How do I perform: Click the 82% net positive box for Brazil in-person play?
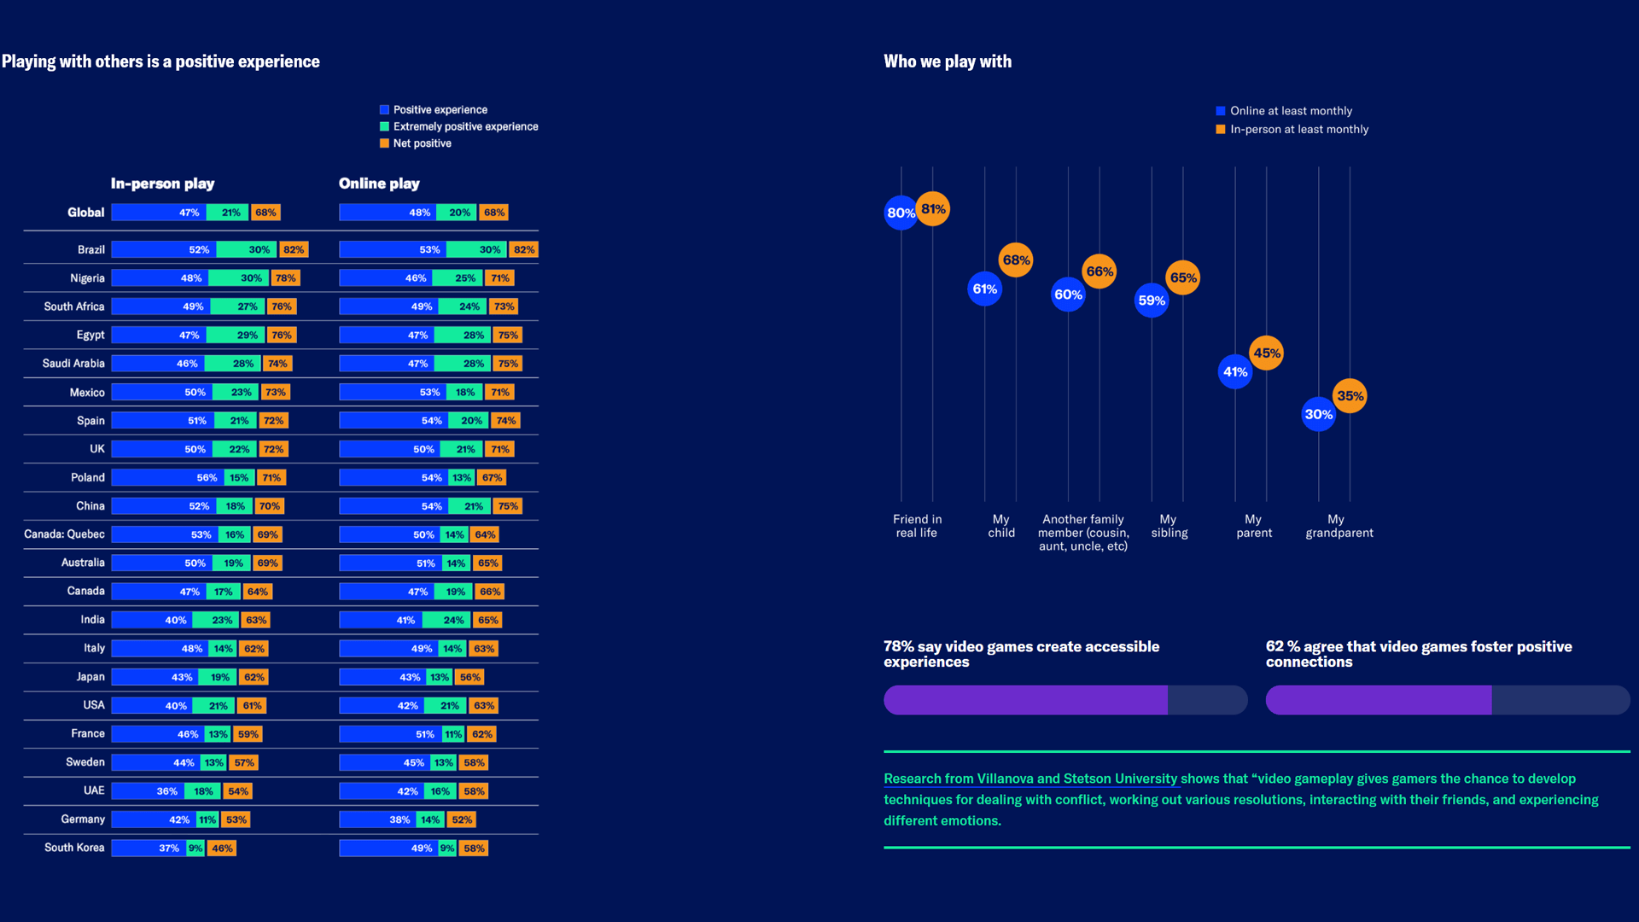pyautogui.click(x=294, y=250)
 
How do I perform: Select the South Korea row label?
pyautogui.click(x=74, y=848)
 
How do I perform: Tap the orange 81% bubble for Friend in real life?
pyautogui.click(x=933, y=209)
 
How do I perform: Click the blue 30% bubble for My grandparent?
pyautogui.click(x=1318, y=414)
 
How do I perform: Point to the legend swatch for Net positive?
pyautogui.click(x=384, y=143)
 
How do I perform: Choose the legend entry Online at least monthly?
pyautogui.click(x=1291, y=111)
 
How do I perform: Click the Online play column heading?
pyautogui.click(x=379, y=184)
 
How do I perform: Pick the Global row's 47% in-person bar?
pyautogui.click(x=159, y=213)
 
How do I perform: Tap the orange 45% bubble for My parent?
pyautogui.click(x=1266, y=353)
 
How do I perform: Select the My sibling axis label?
pyautogui.click(x=1169, y=526)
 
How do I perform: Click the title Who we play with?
pyautogui.click(x=948, y=61)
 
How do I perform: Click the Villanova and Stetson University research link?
pyautogui.click(x=1030, y=779)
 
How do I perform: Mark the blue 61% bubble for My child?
pyautogui.click(x=984, y=289)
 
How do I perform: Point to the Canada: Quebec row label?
pyautogui.click(x=64, y=534)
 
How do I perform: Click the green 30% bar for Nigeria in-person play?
pyautogui.click(x=239, y=278)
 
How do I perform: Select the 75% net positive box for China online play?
pyautogui.click(x=508, y=506)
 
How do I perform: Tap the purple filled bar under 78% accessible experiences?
pyautogui.click(x=1025, y=700)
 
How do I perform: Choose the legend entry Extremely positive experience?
pyautogui.click(x=465, y=126)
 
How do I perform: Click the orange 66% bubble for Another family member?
pyautogui.click(x=1099, y=271)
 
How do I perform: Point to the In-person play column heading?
pyautogui.click(x=162, y=184)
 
